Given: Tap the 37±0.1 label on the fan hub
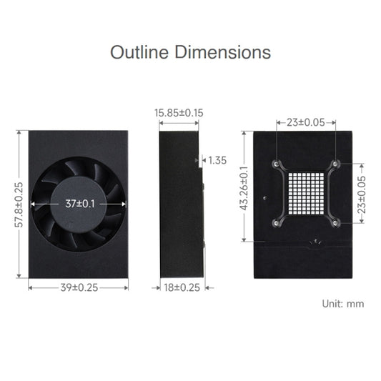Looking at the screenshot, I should [81, 204].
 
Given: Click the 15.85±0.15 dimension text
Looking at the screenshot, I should [179, 112].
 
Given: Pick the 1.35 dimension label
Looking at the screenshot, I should [217, 160].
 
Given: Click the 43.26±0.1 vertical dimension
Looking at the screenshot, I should [245, 187].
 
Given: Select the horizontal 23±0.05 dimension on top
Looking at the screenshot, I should [305, 122].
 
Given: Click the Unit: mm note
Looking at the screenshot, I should [343, 304].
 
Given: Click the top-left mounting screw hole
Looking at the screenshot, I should [277, 164].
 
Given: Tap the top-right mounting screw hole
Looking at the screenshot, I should [336, 164].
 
